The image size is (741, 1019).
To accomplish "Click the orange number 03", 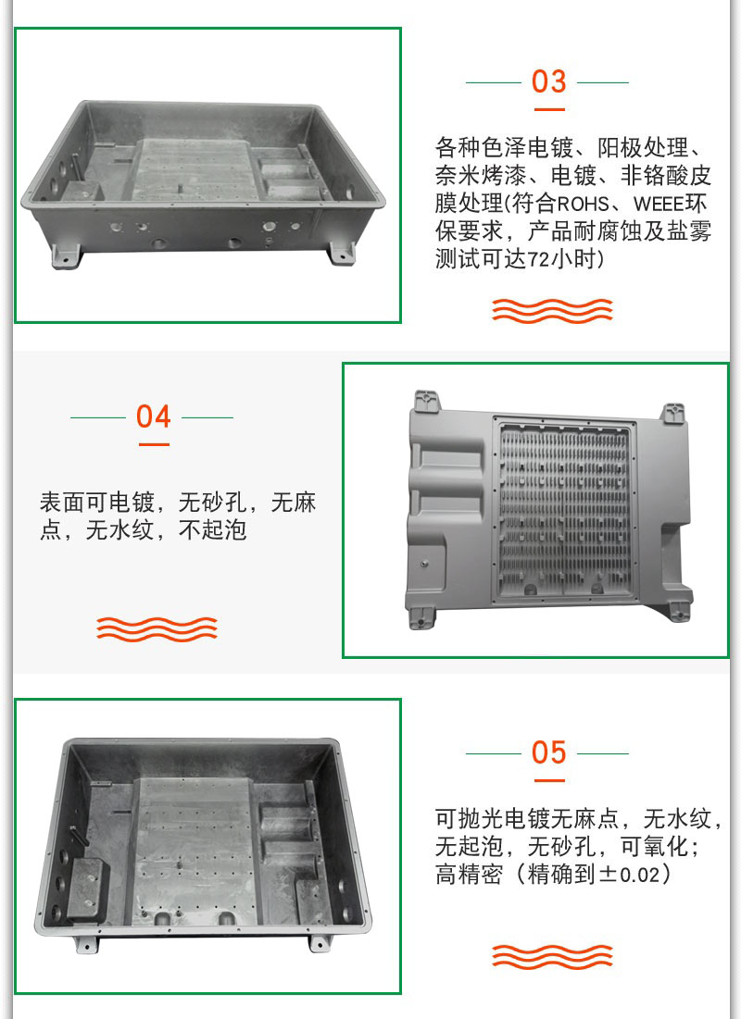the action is (548, 81).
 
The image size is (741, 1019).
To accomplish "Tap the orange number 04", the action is (154, 416).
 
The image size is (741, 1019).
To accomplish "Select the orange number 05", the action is (548, 752).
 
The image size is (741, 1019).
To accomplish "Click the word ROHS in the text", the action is (583, 204).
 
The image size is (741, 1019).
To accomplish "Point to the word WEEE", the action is (659, 204).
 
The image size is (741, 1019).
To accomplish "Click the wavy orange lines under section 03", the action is (552, 311).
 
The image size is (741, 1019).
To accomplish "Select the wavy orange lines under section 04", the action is (157, 629).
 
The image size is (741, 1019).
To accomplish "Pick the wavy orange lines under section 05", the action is (552, 957).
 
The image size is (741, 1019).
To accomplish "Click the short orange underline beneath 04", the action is (154, 444).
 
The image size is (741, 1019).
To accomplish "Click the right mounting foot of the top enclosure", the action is (342, 254).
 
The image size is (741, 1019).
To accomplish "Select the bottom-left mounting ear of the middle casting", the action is (421, 617).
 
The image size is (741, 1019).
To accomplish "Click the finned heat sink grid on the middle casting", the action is (563, 509).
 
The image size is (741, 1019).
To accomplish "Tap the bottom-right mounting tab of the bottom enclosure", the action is (319, 944).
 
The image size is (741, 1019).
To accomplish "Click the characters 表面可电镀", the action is (97, 503).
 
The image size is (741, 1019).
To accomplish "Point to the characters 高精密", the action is (469, 874).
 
